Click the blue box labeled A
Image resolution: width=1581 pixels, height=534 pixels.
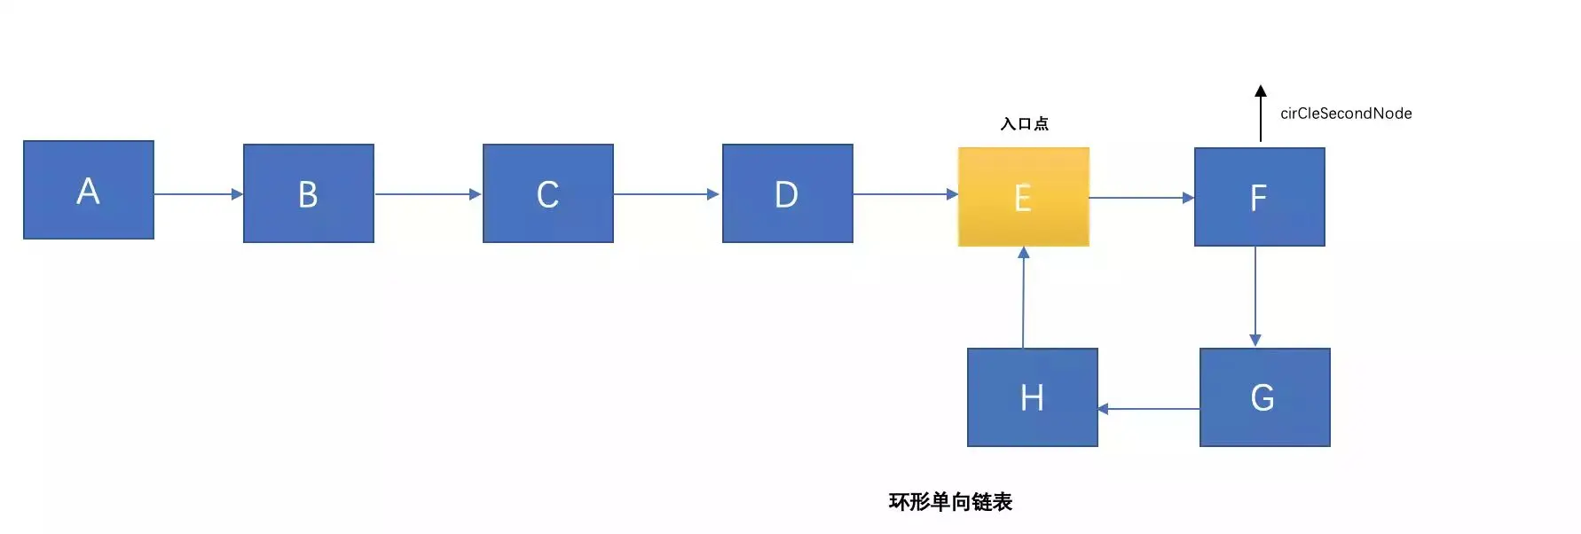coord(89,190)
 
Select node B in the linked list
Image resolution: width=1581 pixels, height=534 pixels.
coord(309,193)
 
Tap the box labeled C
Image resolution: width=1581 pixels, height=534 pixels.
coord(548,193)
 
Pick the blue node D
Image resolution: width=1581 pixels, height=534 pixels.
coord(788,193)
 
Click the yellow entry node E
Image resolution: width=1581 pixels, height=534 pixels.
coord(1024,197)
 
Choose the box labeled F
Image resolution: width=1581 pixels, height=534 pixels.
coord(1260,197)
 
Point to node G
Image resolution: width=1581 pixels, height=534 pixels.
coord(1265,397)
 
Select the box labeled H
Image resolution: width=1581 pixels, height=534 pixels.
coord(1033,397)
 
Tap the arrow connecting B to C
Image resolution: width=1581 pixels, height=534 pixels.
coord(428,193)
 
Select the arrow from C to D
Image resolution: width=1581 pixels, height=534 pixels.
coord(667,193)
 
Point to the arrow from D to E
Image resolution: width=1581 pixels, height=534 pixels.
coord(905,193)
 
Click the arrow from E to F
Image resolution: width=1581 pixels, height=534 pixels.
coord(1142,198)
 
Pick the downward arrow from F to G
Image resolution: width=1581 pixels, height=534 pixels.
coord(1255,296)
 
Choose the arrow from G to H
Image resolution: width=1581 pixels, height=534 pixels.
coord(1149,409)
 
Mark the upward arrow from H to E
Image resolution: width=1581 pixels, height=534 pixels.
coord(1024,297)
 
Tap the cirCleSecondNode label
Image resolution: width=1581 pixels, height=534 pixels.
coord(1346,114)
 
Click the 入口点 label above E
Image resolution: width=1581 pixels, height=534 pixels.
coord(1025,124)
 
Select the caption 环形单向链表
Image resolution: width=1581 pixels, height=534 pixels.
coord(950,502)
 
